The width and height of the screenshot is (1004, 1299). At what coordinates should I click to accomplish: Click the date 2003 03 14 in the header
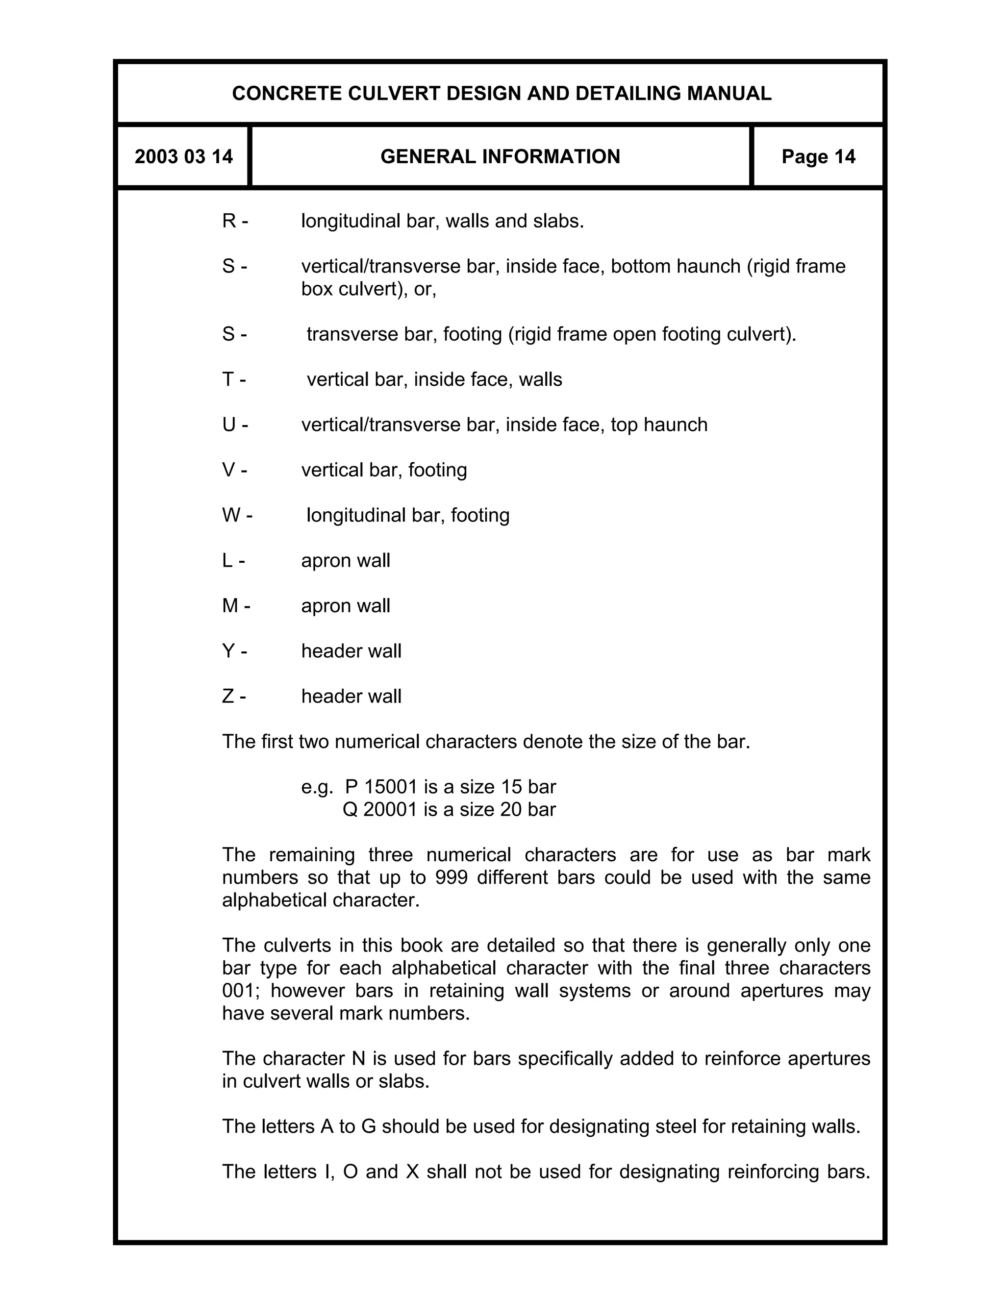(x=183, y=156)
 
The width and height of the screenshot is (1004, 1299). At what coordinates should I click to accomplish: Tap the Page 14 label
(x=818, y=156)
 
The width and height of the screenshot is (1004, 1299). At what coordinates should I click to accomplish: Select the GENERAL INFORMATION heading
(x=500, y=156)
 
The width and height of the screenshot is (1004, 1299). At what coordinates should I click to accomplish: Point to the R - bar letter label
(x=235, y=221)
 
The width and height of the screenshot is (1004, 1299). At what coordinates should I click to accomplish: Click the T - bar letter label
(x=234, y=379)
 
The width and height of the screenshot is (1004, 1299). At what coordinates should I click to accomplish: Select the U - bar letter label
(x=235, y=425)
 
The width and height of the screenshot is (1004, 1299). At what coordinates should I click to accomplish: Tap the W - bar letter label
(x=237, y=515)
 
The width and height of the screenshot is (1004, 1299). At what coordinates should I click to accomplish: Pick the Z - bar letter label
(x=234, y=696)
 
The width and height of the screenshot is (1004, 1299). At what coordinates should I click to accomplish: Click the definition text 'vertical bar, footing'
(x=384, y=470)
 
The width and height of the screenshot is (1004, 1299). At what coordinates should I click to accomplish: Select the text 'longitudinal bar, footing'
(x=407, y=515)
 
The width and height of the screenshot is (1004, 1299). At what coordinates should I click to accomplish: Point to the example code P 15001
(x=380, y=787)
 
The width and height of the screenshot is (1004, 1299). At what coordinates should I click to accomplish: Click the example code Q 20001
(x=380, y=809)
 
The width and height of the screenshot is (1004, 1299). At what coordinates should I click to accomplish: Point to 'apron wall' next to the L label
(x=346, y=560)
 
